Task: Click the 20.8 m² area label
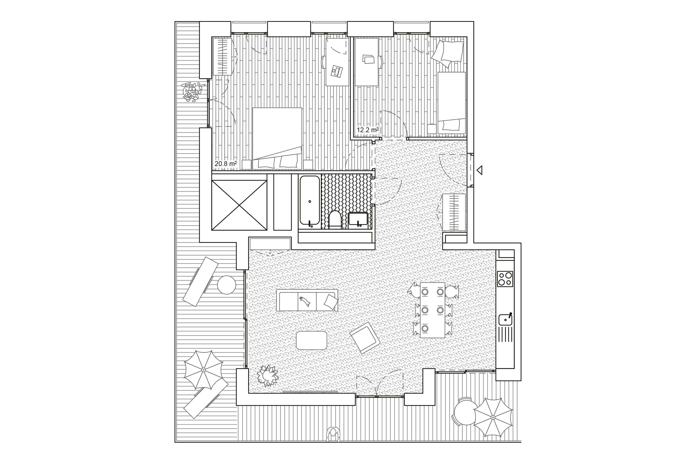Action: pos(225,163)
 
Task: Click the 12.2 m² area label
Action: pos(368,130)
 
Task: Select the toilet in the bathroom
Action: pos(335,220)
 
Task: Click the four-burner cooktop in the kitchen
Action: pos(505,279)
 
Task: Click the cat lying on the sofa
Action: pos(305,301)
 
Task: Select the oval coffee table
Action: pos(312,340)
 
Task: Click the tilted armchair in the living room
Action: pos(365,338)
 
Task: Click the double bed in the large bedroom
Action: pos(277,138)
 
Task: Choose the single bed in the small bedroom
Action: pos(451,102)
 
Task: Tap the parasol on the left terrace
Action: pos(203,370)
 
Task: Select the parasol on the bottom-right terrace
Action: pos(493,417)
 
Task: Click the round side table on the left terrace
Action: pos(227,285)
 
